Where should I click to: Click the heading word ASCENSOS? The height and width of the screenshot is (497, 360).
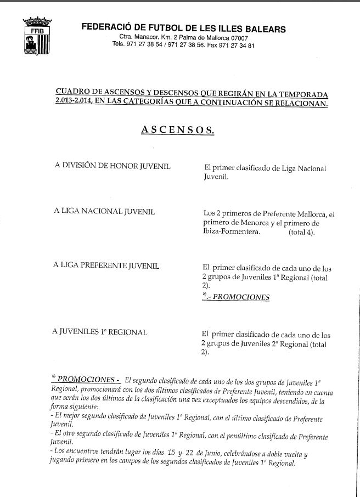coord(177,130)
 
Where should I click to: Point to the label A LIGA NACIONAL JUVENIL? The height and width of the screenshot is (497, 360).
coord(104,212)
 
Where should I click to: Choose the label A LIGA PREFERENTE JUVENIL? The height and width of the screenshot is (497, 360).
coord(106,266)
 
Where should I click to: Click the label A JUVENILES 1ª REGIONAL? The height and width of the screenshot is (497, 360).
coord(100,332)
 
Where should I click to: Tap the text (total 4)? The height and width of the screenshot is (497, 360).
coord(302,233)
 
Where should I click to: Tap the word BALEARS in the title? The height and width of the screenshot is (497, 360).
coord(266,29)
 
